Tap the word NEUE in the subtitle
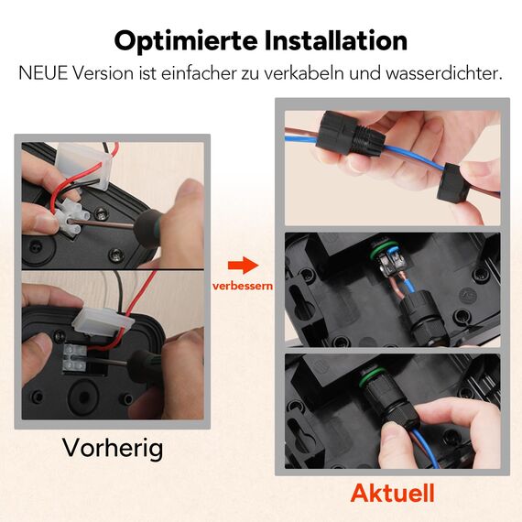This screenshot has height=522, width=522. [x=43, y=72]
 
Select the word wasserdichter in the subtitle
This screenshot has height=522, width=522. [x=449, y=72]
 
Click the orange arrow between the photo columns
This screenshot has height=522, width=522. [x=238, y=266]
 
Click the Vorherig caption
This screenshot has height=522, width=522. [x=113, y=448]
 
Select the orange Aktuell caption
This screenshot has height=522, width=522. [x=392, y=493]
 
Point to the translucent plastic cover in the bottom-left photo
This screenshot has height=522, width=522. [x=95, y=320]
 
